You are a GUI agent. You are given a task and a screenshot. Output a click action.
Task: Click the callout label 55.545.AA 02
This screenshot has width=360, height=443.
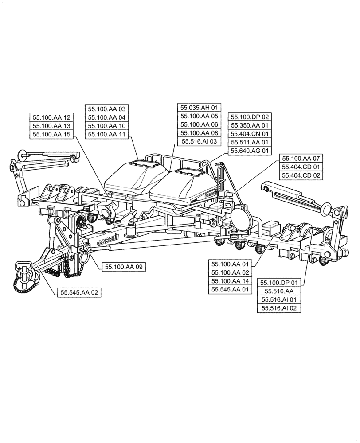(x=79, y=292)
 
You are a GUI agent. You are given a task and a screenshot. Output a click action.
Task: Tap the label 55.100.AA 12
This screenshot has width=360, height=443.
(x=51, y=117)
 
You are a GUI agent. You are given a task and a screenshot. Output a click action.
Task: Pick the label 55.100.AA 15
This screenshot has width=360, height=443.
(x=51, y=134)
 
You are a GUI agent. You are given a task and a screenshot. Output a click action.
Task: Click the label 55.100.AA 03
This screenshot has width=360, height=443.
(x=107, y=109)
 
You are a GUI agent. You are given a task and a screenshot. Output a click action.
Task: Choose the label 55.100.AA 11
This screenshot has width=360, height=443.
(x=107, y=134)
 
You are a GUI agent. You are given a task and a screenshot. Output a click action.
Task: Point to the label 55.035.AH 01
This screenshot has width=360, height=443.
(x=199, y=108)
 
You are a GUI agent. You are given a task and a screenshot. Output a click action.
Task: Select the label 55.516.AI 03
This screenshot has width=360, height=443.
(x=199, y=141)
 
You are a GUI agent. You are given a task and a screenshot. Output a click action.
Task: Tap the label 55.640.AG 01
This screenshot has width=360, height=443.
(x=250, y=151)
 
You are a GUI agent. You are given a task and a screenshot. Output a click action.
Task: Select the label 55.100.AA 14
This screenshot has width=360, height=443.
(x=231, y=281)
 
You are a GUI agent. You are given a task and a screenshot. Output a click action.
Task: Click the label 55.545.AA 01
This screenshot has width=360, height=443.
(x=231, y=289)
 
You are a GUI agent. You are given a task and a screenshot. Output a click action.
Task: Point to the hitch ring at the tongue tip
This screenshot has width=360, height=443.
(x=23, y=267)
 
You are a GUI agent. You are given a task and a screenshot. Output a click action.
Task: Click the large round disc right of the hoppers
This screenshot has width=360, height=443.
(x=241, y=218)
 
